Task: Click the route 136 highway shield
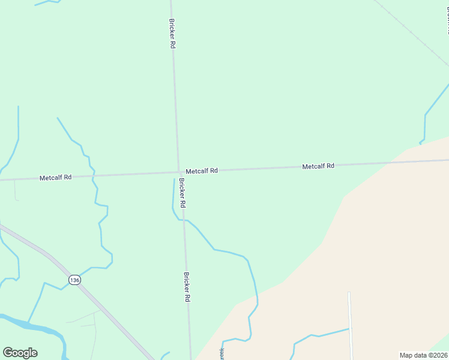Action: click(x=74, y=280)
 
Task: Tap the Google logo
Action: click(x=20, y=353)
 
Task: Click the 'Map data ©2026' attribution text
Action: click(x=423, y=355)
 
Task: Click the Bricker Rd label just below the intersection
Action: click(x=181, y=193)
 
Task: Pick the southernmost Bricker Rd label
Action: click(x=187, y=286)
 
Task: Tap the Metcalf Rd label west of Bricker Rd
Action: click(x=55, y=178)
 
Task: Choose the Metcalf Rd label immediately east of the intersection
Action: click(x=201, y=171)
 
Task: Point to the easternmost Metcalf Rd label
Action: click(x=318, y=166)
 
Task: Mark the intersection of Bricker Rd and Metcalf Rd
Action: click(x=178, y=173)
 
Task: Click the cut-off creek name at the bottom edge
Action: click(x=221, y=354)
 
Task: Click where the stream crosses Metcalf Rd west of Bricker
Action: click(x=92, y=176)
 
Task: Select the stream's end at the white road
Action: click(x=349, y=329)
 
